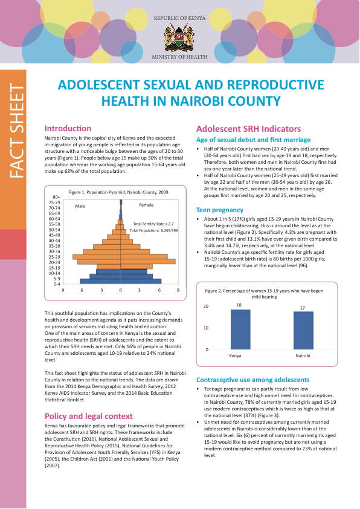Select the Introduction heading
68,128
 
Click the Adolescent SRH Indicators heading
248,129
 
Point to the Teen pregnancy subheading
220,210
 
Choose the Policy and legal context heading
89,416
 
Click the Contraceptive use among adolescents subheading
252,380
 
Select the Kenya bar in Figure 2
240,329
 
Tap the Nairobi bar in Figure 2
303,331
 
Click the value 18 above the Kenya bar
239,305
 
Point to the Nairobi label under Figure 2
303,356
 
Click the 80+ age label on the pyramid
56,197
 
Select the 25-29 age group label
54,257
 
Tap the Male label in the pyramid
80,206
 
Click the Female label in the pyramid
146,205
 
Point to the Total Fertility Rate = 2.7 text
153,224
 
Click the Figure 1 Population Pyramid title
118,192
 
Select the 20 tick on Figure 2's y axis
205,306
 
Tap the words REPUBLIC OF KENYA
179,18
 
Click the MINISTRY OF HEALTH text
179,57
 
